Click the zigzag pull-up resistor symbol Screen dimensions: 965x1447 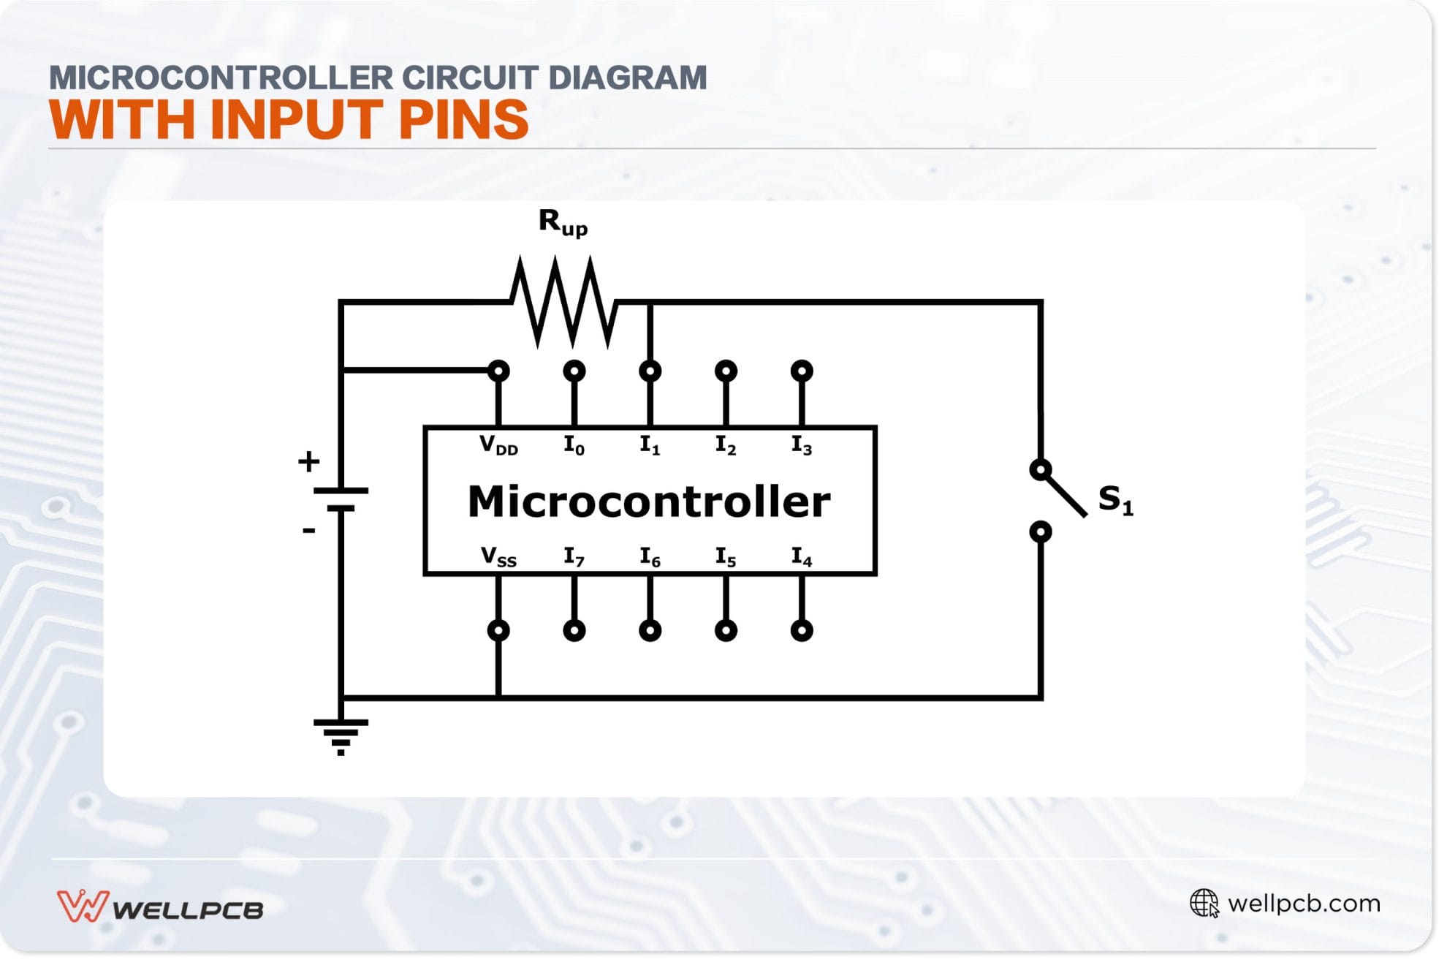563,302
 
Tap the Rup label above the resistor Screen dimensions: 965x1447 562,222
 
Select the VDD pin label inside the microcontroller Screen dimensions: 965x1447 498,445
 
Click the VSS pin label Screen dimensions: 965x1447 498,558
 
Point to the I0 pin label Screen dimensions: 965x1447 574,445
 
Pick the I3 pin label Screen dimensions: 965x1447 802,445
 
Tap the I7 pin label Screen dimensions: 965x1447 574,558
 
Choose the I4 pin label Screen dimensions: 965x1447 802,558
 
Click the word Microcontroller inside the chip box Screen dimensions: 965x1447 649,502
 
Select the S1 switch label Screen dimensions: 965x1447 1115,500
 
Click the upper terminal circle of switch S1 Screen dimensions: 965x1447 1040,469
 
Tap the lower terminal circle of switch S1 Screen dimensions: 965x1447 1040,531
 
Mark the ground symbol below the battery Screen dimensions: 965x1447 341,735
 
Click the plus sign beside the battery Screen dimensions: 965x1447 308,461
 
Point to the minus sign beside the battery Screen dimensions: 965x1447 308,531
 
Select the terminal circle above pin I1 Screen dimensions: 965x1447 650,371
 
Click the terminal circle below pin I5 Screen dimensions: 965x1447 726,630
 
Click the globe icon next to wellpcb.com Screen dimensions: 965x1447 1204,904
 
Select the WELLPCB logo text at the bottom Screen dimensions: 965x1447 188,910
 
